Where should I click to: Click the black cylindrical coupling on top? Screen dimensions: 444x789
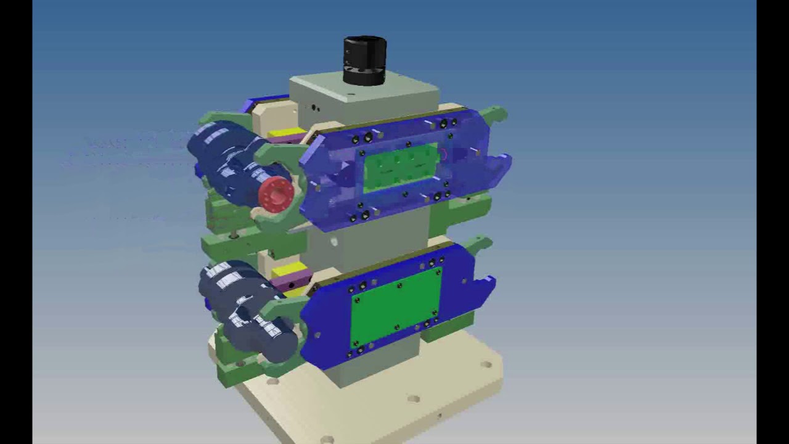click(365, 60)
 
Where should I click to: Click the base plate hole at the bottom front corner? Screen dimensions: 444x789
click(327, 439)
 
